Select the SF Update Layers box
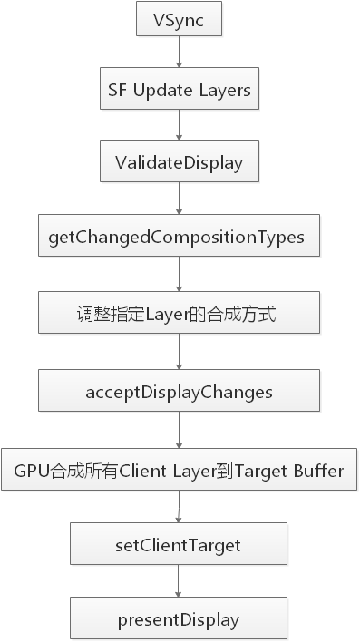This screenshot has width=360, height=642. click(x=179, y=90)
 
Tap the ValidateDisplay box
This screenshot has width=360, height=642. click(x=179, y=162)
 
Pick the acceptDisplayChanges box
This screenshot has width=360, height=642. click(x=179, y=392)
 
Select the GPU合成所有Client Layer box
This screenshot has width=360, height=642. click(x=179, y=472)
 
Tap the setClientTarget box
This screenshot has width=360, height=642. click(x=179, y=546)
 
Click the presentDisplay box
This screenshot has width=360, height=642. click(x=179, y=620)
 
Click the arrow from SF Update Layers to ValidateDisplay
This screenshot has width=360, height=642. click(x=179, y=126)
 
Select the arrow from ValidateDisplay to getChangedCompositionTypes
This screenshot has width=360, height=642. click(x=179, y=199)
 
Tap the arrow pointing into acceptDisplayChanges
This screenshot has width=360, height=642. click(x=179, y=354)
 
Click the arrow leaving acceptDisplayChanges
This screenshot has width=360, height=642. click(x=179, y=431)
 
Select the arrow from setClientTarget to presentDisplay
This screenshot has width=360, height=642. click(x=179, y=583)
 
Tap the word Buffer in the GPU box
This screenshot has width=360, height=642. click(x=316, y=472)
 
